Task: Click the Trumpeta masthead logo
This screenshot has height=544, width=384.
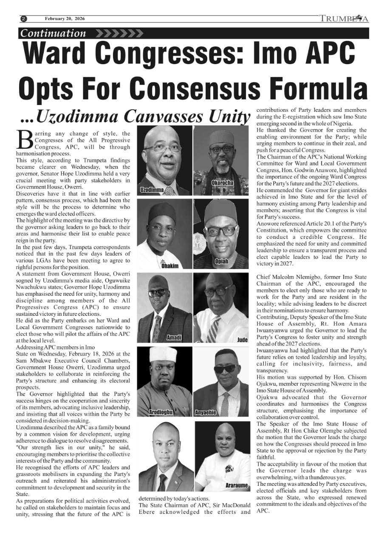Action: point(344,19)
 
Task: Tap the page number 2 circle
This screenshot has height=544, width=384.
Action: point(24,19)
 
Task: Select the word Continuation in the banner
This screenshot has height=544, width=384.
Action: point(54,33)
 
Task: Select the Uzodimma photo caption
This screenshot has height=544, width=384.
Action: point(152,190)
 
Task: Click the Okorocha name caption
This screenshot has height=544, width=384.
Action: point(222,183)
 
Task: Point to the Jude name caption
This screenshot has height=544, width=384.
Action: point(242,340)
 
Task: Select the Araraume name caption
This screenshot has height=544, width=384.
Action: point(237,485)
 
